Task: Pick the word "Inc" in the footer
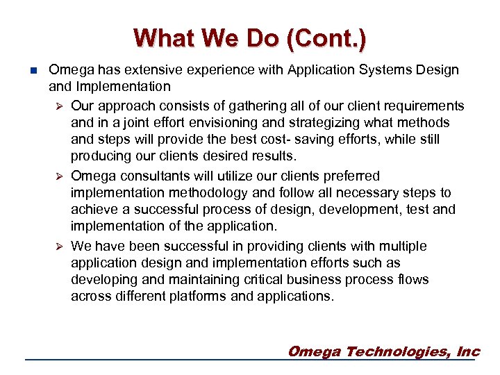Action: (468, 351)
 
